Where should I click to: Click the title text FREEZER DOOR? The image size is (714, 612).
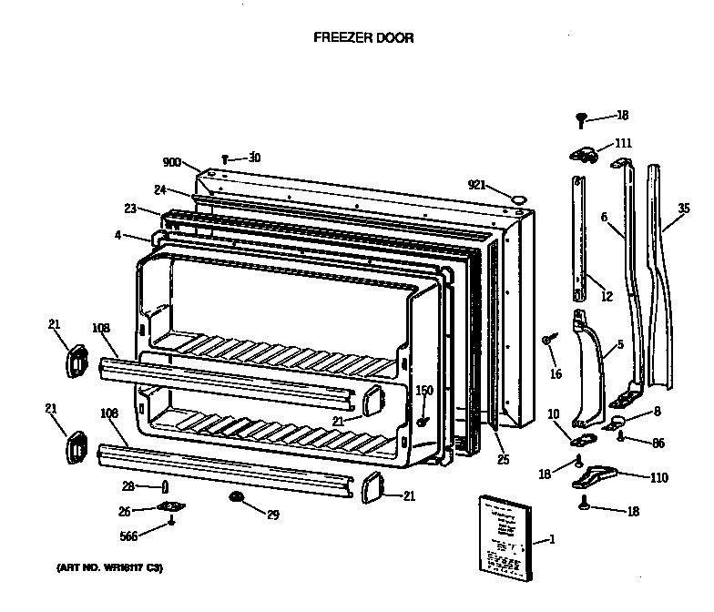[x=363, y=38]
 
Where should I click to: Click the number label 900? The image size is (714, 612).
[x=172, y=162]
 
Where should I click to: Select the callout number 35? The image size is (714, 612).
[x=683, y=209]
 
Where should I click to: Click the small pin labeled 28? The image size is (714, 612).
[x=165, y=484]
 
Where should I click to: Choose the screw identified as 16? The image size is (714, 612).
[x=547, y=341]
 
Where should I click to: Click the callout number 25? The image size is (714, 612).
[x=503, y=459]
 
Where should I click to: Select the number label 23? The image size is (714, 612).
[x=130, y=209]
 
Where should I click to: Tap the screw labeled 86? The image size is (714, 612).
[x=620, y=436]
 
